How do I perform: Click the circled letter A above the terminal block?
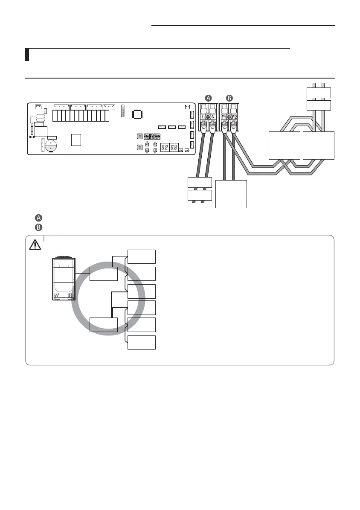point(208,98)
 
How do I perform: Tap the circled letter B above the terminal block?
point(229,98)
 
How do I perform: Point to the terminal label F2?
point(235,117)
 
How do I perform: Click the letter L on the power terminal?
point(203,117)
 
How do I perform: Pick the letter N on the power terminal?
point(213,117)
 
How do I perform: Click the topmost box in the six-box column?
point(141,256)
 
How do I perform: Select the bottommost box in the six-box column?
point(141,343)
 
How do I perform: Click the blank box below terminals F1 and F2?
point(231,194)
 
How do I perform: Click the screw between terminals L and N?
point(208,117)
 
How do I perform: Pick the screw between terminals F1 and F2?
point(229,117)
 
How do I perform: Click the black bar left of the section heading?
point(27,55)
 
